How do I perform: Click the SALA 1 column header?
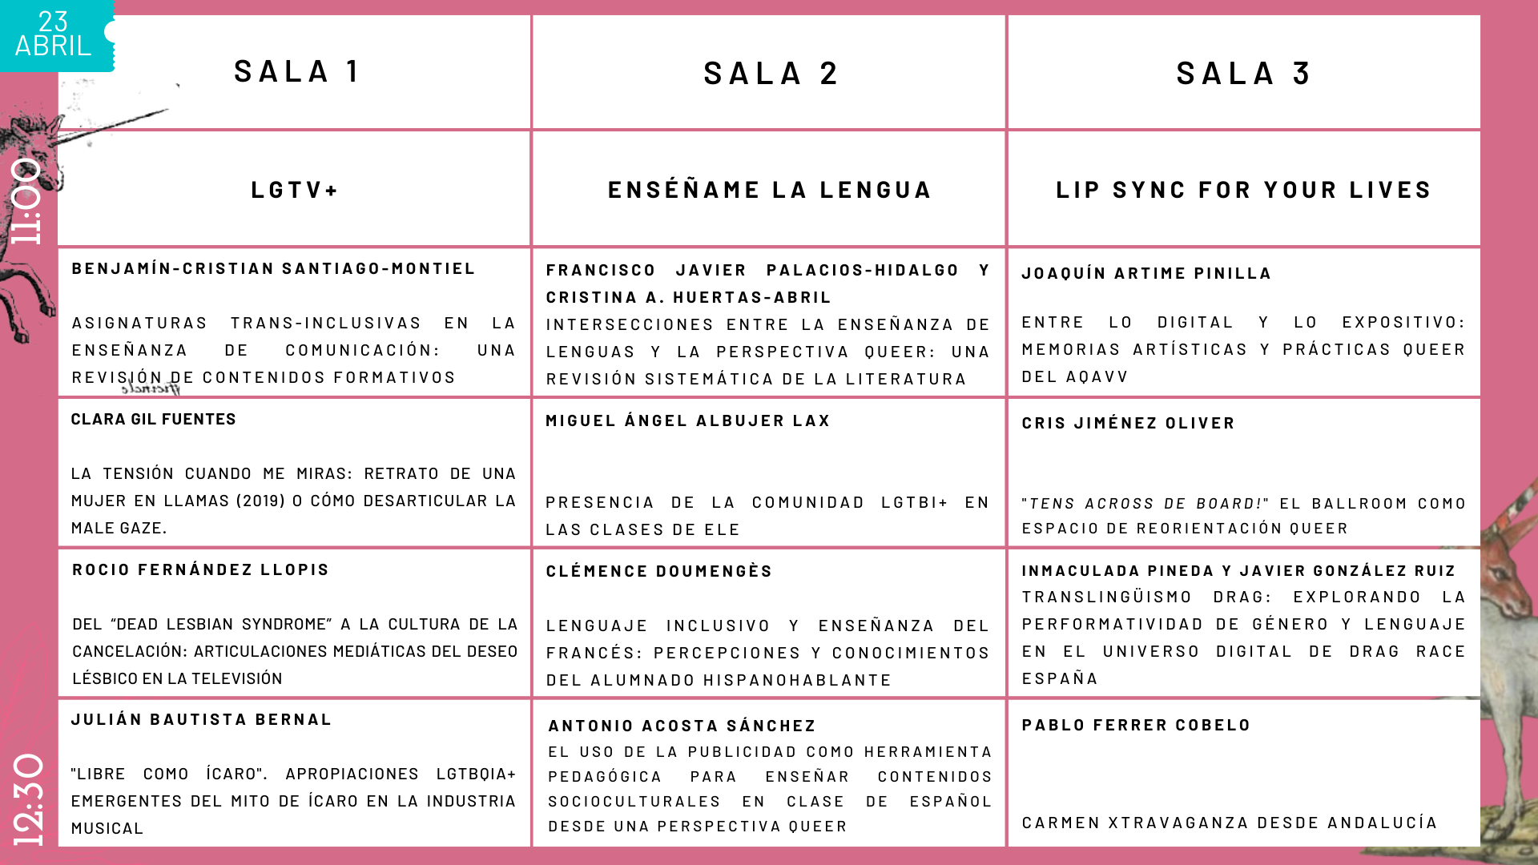[296, 71]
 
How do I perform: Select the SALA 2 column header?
[770, 74]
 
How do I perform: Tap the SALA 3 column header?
[1242, 74]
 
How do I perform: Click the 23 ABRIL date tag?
[54, 34]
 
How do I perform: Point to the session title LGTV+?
[295, 190]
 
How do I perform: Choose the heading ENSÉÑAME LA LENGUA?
[770, 190]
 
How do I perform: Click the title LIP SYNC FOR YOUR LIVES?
[1243, 190]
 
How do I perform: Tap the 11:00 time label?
[26, 200]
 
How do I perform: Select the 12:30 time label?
[28, 799]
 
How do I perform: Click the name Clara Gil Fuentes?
[154, 419]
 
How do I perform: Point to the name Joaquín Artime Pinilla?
[1146, 273]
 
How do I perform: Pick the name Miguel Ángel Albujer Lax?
[687, 420]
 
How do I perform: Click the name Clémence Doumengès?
[659, 571]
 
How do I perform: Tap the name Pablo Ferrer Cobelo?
[1136, 725]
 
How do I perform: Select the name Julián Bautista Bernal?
[201, 719]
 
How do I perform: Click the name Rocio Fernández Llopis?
[200, 569]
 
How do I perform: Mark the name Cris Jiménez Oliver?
[1128, 423]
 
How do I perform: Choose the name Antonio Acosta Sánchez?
[682, 726]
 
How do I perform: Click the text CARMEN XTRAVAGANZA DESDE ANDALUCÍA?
[1230, 823]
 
